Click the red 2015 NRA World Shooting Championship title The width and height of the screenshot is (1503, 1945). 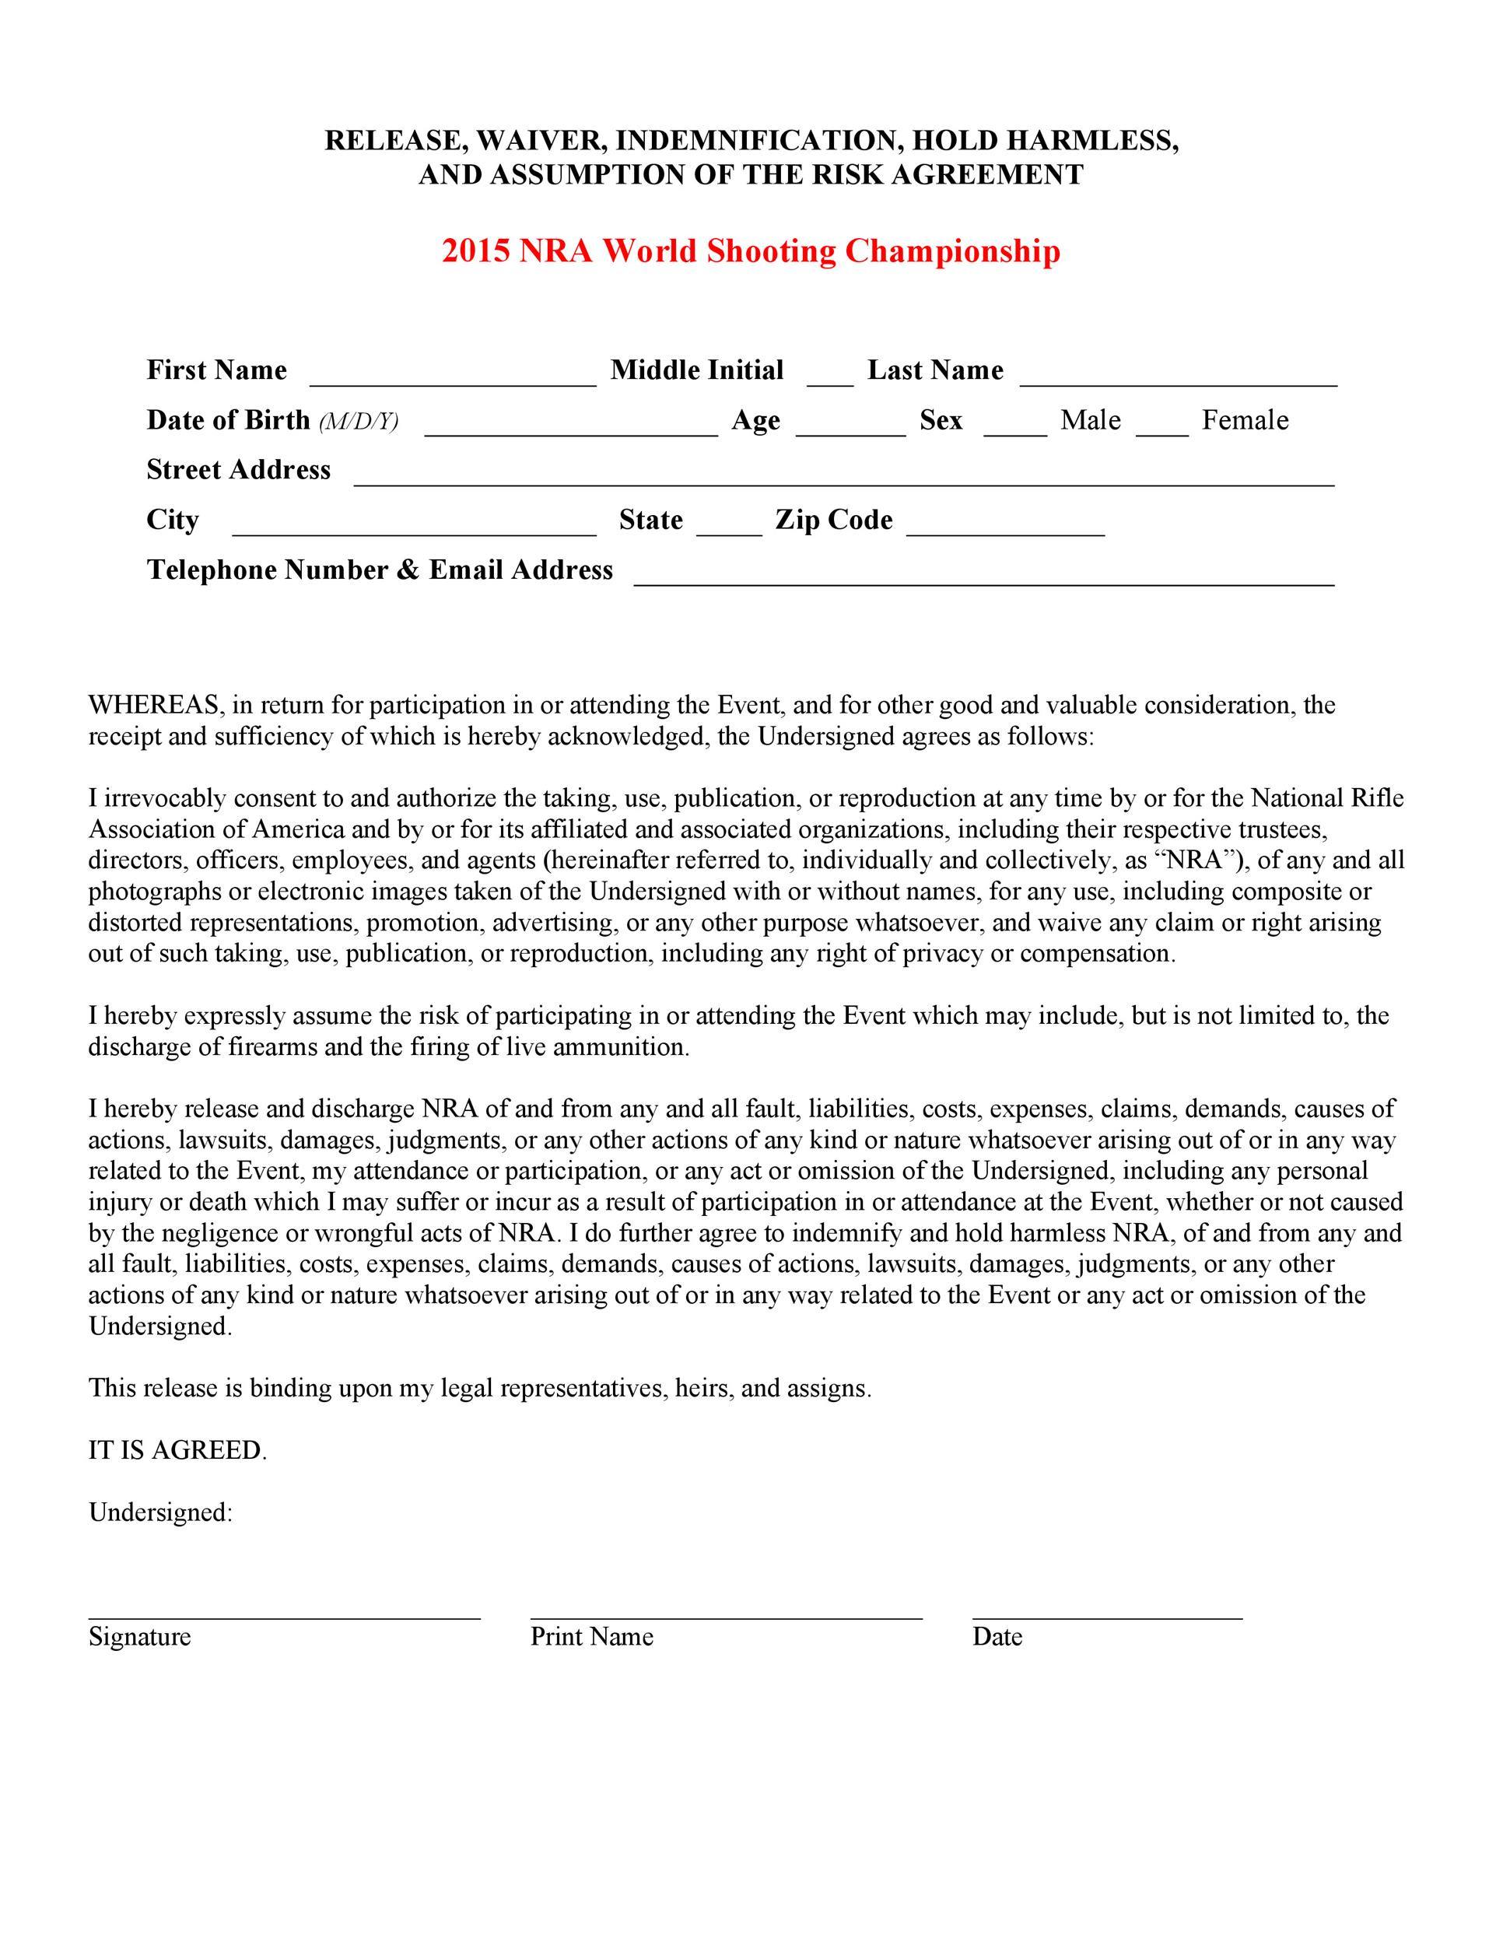(x=751, y=251)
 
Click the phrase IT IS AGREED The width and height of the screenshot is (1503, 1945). (x=177, y=1451)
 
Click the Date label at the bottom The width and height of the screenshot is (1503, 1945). (x=997, y=1637)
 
